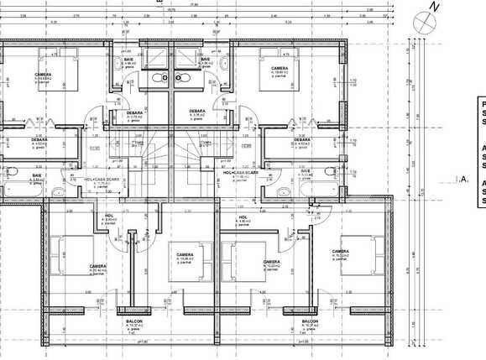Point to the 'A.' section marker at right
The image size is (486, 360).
click(x=464, y=180)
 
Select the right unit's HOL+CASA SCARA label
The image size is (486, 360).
click(x=248, y=175)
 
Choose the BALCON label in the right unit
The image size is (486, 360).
click(x=310, y=321)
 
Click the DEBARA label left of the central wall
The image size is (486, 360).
click(x=135, y=112)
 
